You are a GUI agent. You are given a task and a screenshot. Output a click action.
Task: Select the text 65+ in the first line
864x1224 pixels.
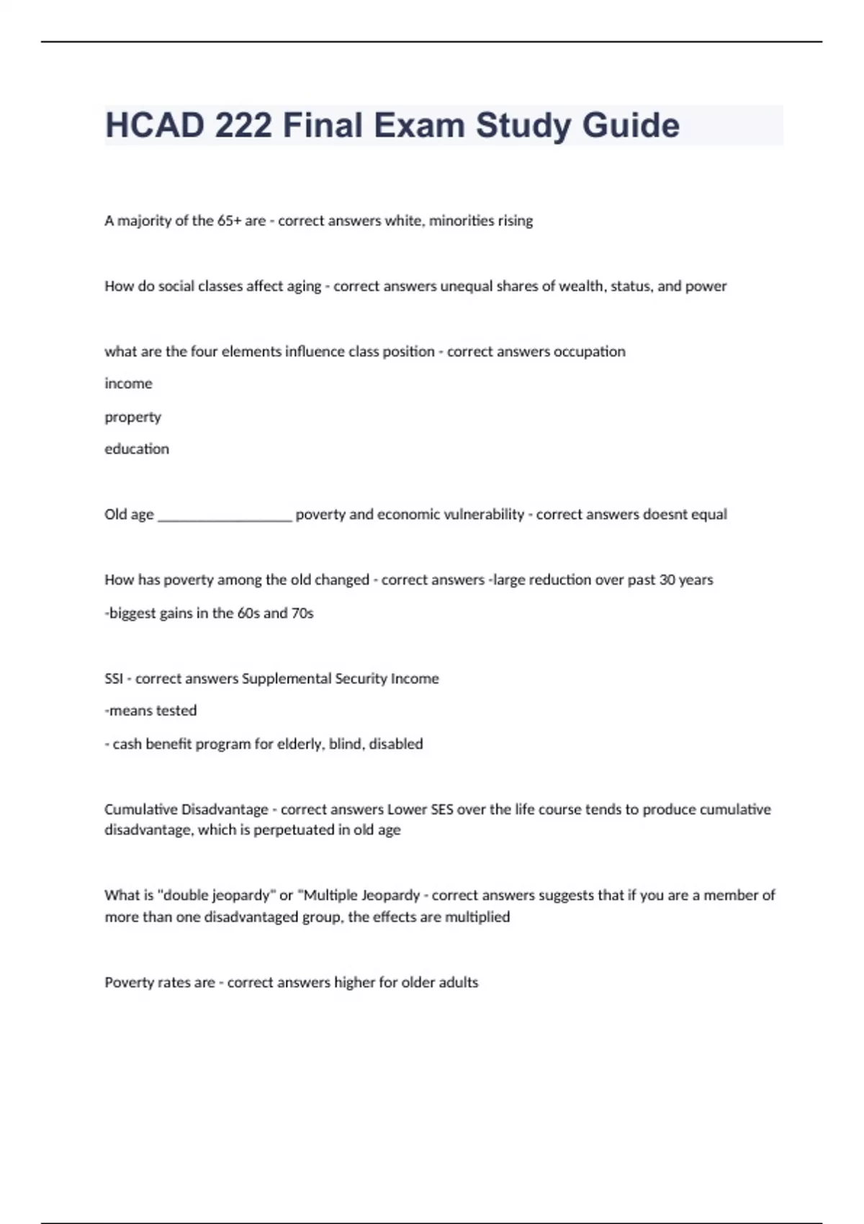[x=229, y=221]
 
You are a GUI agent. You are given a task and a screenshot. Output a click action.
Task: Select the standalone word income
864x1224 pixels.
[x=128, y=384]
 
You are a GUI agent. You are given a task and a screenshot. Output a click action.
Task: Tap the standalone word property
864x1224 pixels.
[x=132, y=418]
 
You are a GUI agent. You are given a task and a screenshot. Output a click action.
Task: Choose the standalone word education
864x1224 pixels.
[x=137, y=449]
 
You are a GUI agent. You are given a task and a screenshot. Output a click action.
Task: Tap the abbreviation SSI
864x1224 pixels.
[x=114, y=679]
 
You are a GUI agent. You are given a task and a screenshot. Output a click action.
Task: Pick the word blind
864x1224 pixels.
[x=346, y=744]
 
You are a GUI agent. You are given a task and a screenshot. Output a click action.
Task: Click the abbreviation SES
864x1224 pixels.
[x=442, y=810]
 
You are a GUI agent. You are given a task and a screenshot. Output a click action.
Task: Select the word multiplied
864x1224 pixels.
[x=477, y=917]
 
